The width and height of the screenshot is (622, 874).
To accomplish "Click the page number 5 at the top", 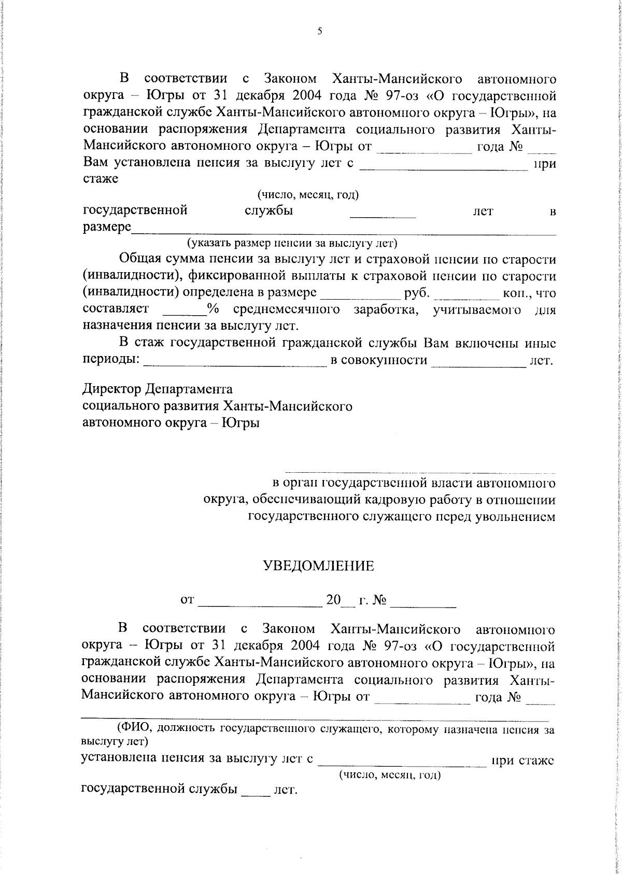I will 320,31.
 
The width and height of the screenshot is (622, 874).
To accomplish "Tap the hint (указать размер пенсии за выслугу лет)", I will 292,243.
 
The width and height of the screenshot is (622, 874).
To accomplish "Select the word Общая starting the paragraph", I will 140,259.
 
